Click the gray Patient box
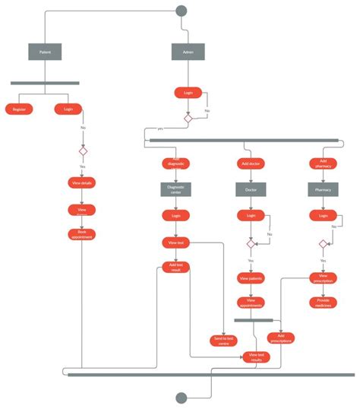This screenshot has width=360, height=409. pyautogui.click(x=45, y=52)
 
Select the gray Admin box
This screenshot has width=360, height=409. pyautogui.click(x=188, y=52)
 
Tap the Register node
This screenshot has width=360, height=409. pyautogui.click(x=18, y=109)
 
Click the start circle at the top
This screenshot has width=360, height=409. pyautogui.click(x=181, y=11)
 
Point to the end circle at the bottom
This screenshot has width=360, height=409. pyautogui.click(x=181, y=398)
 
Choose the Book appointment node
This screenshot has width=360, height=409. pyautogui.click(x=82, y=234)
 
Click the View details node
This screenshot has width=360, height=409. pyautogui.click(x=82, y=183)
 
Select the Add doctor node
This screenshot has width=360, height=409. pyautogui.click(x=251, y=163)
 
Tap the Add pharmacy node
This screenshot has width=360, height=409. pyautogui.click(x=323, y=163)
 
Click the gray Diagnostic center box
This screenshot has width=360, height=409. pyautogui.click(x=175, y=189)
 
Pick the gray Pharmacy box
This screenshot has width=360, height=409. pyautogui.click(x=323, y=189)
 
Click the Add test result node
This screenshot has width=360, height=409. pyautogui.click(x=175, y=268)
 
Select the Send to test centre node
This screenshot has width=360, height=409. pyautogui.click(x=224, y=341)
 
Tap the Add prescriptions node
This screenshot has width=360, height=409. pyautogui.click(x=280, y=338)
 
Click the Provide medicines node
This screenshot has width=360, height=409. pyautogui.click(x=323, y=302)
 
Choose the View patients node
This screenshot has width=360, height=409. pyautogui.click(x=251, y=278)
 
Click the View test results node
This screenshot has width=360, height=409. pyautogui.click(x=256, y=356)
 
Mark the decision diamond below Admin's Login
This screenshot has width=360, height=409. pyautogui.click(x=188, y=118)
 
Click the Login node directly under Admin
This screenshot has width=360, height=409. pyautogui.click(x=188, y=93)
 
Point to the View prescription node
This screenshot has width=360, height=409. pyautogui.click(x=323, y=277)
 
